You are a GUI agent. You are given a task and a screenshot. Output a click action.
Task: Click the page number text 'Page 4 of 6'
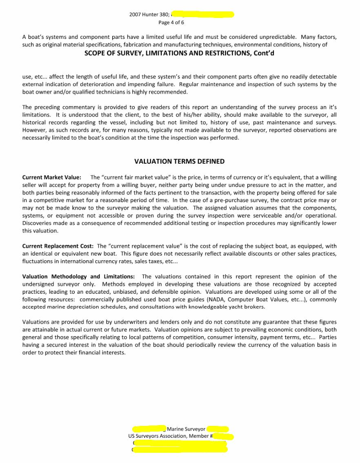tap(171, 22)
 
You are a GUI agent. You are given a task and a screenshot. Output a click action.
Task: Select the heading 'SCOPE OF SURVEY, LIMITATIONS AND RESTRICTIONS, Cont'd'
tap(179, 53)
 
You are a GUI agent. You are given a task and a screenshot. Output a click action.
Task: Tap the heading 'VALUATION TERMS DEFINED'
tap(179, 162)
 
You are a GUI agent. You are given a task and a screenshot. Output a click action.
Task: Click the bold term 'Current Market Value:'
tap(51, 177)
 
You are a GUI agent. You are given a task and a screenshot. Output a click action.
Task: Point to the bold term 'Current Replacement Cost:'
tap(58, 246)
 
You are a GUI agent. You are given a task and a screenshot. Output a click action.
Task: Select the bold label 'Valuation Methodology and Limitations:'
tap(78, 277)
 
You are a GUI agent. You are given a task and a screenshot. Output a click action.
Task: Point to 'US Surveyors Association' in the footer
tap(158, 436)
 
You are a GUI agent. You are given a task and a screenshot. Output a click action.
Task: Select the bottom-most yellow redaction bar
tap(180, 450)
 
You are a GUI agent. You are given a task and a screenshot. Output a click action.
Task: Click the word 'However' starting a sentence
tap(33, 130)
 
